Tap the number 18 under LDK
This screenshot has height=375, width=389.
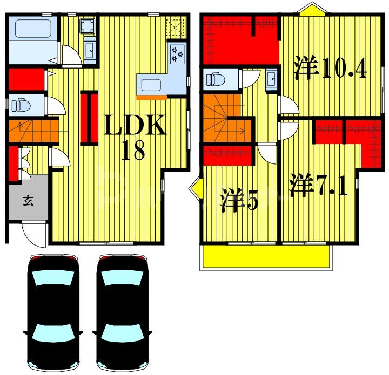click(x=132, y=151)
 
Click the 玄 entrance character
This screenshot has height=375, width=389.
click(x=28, y=202)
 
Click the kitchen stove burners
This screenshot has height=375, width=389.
click(x=178, y=53)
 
